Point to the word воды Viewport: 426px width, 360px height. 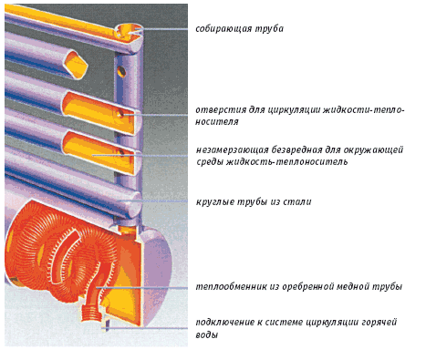click(x=207, y=335)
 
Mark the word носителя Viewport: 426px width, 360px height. click(x=217, y=122)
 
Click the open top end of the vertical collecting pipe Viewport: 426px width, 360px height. click(x=129, y=31)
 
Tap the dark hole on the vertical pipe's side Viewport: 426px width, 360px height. click(x=121, y=71)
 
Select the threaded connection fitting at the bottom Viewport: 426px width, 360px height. click(x=91, y=313)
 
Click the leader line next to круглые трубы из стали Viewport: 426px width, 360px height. click(x=153, y=201)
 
